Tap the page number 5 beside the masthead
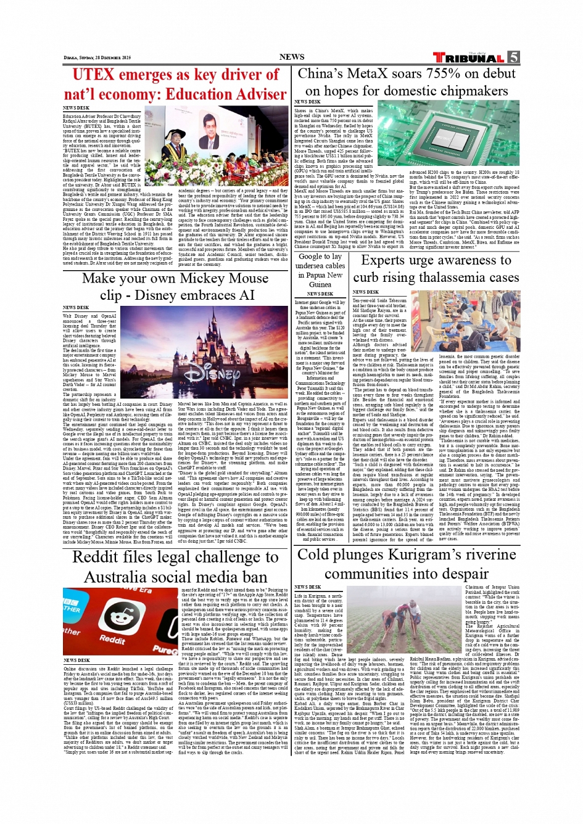tap(513, 57)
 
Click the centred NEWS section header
tap(291, 57)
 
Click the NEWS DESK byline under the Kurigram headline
tap(307, 587)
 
